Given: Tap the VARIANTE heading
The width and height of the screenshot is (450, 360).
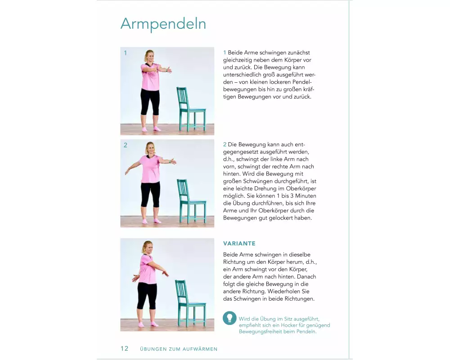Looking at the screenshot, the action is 239,243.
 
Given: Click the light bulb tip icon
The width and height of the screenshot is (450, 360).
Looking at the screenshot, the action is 229,318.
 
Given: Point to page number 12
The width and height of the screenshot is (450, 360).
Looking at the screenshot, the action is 125,348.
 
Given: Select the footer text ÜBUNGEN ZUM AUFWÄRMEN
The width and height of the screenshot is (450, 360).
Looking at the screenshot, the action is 179,349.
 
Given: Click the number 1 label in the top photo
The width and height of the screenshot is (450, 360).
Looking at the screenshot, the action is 126,53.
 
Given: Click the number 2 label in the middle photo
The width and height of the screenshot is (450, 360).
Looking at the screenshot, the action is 126,145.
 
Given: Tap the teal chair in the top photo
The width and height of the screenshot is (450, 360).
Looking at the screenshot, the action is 191,109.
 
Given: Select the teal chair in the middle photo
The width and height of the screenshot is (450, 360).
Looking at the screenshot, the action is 191,202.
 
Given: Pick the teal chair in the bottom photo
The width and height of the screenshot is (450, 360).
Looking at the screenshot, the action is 190,304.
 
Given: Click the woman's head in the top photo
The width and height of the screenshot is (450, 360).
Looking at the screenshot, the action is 149,56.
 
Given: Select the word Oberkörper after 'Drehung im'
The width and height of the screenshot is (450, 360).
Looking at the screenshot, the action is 301,189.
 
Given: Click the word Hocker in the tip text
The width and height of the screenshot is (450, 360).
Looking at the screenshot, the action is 289,325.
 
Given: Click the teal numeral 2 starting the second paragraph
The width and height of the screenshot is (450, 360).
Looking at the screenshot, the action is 225,144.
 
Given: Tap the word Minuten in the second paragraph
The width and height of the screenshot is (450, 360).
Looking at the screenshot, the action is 306,196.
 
